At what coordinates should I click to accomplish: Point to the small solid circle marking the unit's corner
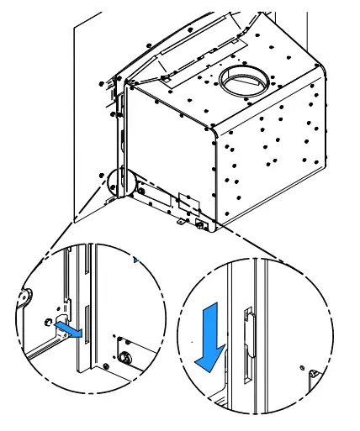[x=119, y=180]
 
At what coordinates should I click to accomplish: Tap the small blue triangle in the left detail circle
[x=134, y=263]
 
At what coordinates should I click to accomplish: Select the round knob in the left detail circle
[x=127, y=357]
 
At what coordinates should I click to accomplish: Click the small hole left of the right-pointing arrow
[x=47, y=321]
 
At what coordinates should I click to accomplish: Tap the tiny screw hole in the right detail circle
[x=301, y=367]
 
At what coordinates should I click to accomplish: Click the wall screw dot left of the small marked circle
[x=101, y=175]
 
